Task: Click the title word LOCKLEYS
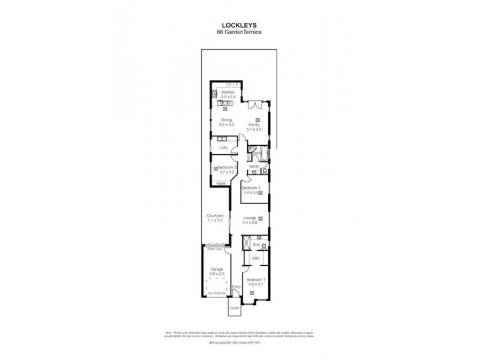tap(239, 26)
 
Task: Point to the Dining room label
tap(226, 120)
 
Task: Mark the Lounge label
tap(250, 219)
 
